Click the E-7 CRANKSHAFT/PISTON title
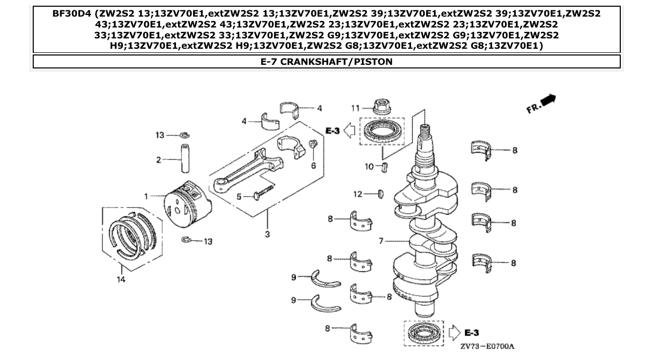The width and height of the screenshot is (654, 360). (326, 62)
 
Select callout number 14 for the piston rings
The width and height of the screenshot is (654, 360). (120, 278)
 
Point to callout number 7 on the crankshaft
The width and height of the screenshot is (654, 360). (380, 241)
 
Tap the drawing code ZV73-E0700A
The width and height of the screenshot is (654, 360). (491, 345)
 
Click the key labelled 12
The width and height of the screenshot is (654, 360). (380, 194)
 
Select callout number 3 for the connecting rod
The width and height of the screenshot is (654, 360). (267, 234)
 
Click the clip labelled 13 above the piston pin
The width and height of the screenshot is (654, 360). (184, 135)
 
